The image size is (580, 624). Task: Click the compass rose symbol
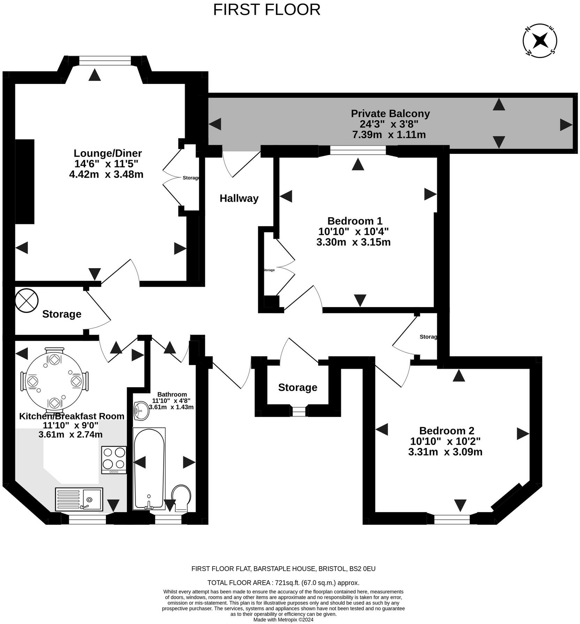[540, 41]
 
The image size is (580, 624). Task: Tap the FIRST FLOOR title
[267, 10]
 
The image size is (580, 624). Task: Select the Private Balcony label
[390, 114]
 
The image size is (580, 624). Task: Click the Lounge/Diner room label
[108, 153]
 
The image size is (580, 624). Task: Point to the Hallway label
[239, 198]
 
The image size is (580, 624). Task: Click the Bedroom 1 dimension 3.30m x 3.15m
[353, 242]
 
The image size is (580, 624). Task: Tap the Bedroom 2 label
[446, 430]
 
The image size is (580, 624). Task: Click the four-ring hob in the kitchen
[114, 459]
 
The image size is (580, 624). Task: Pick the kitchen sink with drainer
[79, 499]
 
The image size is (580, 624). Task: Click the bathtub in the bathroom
[149, 468]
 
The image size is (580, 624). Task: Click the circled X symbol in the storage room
[26, 301]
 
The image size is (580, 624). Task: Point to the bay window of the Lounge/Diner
[105, 61]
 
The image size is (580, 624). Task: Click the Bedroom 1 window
[358, 150]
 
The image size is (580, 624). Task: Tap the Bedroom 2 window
[452, 519]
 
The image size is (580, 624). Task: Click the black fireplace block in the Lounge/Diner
[25, 181]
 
